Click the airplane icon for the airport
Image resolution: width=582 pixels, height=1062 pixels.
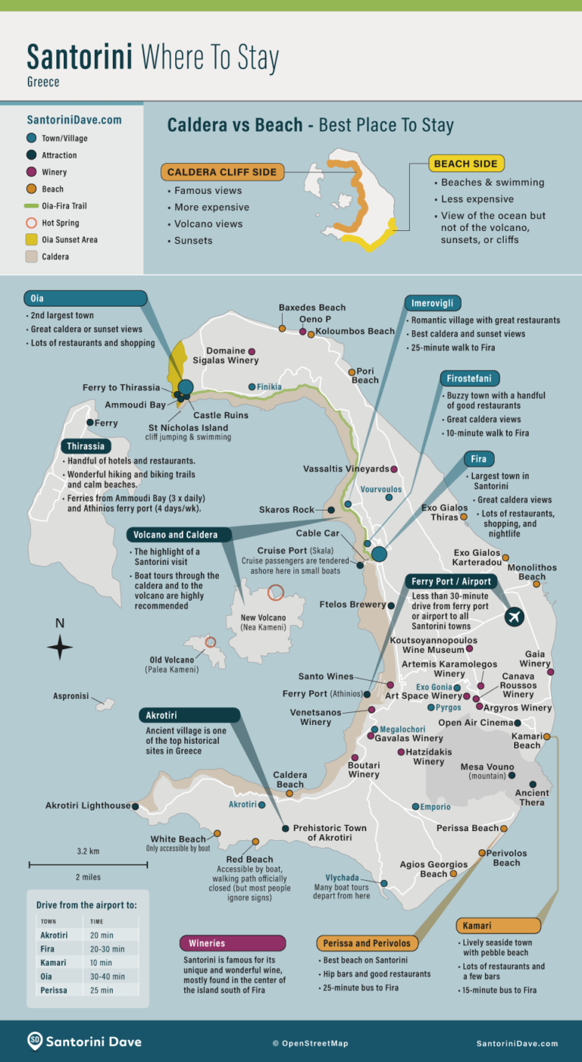[515, 617]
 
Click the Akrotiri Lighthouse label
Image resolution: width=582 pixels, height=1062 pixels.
[88, 806]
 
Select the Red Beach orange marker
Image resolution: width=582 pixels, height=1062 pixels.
[255, 842]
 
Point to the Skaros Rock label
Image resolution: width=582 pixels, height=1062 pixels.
[286, 510]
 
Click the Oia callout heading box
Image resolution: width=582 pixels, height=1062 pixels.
[85, 298]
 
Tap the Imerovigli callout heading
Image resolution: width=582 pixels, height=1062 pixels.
[432, 303]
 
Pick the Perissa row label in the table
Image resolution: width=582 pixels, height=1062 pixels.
[54, 990]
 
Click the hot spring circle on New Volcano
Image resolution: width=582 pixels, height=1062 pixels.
[276, 592]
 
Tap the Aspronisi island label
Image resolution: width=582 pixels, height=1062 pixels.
[71, 695]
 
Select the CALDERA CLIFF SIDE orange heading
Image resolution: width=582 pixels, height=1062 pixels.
[222, 172]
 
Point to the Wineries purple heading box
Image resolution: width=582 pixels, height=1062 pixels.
[233, 943]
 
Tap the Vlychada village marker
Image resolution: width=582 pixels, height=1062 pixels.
[384, 883]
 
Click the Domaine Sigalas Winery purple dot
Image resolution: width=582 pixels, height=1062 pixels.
[252, 351]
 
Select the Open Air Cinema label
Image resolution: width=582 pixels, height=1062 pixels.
[474, 723]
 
